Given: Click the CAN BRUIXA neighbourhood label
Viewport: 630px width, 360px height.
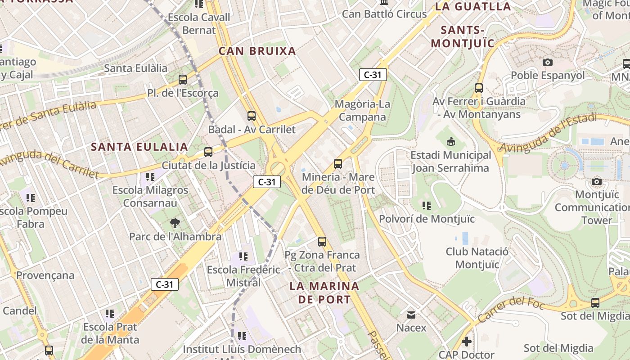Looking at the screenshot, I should [257, 51].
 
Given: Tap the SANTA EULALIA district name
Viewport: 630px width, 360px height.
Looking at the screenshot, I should [139, 147].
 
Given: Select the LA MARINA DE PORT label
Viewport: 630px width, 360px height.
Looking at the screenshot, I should [324, 292].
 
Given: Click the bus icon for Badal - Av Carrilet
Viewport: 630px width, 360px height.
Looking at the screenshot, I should [252, 116].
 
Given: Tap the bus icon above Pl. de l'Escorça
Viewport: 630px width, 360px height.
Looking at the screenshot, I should [183, 80].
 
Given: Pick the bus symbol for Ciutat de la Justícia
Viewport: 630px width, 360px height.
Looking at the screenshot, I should [208, 152].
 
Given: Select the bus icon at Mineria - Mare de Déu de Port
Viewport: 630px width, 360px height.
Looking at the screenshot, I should [338, 164].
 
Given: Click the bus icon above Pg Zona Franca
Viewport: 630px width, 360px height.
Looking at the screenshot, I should [322, 242].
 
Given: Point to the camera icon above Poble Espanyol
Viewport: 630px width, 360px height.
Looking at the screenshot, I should [548, 62].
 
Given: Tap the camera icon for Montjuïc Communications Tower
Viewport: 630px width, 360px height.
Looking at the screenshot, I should [597, 182].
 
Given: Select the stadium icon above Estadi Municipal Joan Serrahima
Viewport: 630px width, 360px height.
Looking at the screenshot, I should [450, 142].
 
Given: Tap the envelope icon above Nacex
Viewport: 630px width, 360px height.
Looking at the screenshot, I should [411, 315].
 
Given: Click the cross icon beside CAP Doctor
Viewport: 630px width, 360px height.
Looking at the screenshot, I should [467, 342].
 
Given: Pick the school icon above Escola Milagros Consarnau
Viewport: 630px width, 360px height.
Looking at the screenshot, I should [150, 177].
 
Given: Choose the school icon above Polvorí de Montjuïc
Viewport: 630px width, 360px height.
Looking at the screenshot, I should [427, 206].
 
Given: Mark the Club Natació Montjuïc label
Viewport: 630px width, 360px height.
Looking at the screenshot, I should [477, 257].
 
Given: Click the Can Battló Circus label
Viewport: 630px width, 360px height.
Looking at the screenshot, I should [384, 14].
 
